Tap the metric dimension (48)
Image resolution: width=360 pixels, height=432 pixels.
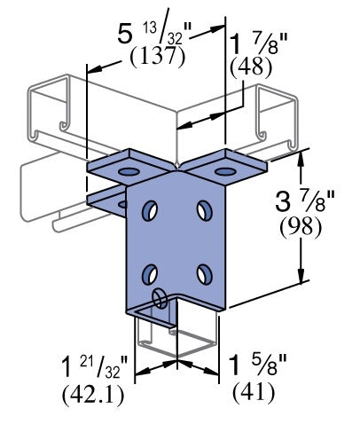252,68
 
